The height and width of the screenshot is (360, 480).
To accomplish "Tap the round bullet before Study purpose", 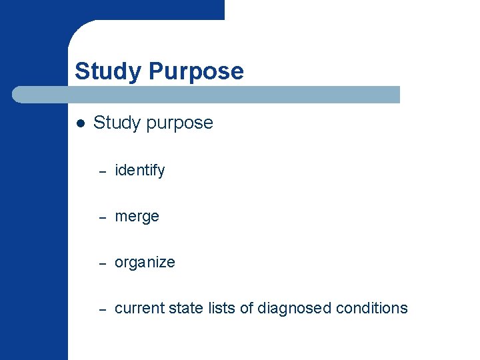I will (81, 123).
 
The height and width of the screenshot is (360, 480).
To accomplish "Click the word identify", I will (140, 171).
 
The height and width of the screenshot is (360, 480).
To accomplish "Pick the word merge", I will (137, 217).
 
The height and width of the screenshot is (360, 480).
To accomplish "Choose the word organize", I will (145, 263).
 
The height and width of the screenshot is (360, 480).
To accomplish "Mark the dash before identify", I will (103, 171).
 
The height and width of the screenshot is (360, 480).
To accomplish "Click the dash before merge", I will (103, 217).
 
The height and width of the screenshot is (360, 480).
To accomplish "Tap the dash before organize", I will (103, 263).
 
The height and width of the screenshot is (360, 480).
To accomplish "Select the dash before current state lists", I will (103, 309).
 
